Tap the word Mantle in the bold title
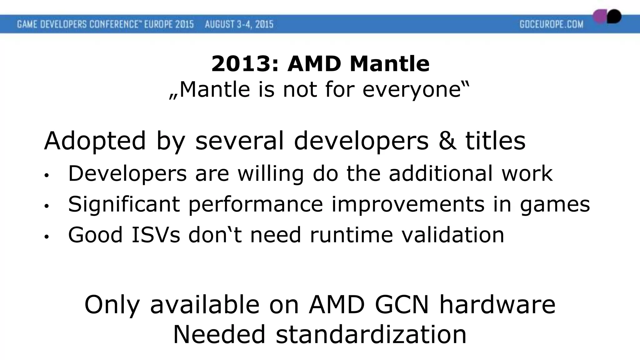coord(389,64)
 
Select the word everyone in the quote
coord(412,90)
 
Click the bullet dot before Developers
coord(47,176)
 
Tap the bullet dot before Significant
coord(47,206)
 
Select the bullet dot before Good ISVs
coord(47,237)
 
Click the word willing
coord(271,173)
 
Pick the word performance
coord(256,204)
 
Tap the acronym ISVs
coord(156,235)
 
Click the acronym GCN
coord(402,304)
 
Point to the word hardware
coord(497,304)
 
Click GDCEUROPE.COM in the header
coord(552,24)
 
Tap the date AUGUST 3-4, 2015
coord(239,24)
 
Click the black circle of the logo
coord(614,16)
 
